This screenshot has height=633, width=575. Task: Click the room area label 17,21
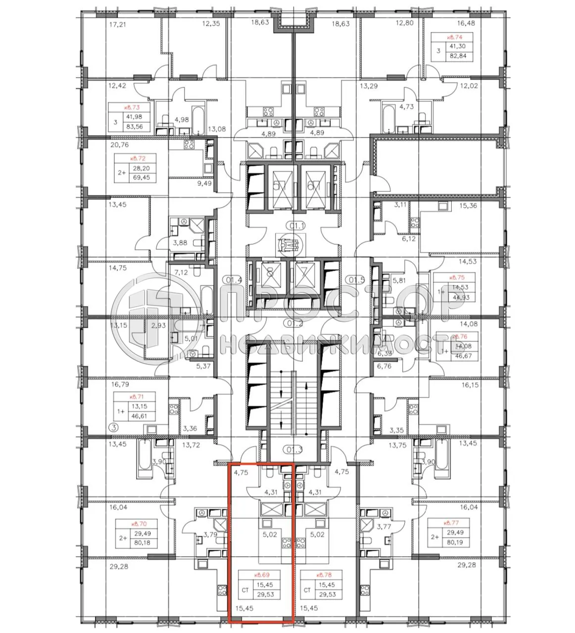coord(117,24)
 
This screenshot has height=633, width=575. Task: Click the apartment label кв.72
coord(135,159)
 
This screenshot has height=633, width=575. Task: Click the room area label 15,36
coord(467,205)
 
